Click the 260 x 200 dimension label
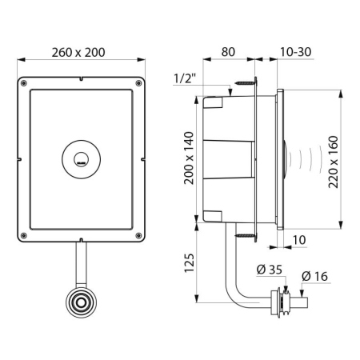[78, 53]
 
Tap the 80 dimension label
[228, 52]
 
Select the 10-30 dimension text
[295, 52]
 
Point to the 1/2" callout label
[185, 78]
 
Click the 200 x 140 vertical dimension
[189, 158]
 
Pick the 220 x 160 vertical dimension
[333, 162]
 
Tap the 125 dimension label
[189, 263]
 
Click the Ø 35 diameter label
[270, 270]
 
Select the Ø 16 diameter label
[314, 277]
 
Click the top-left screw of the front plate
[23, 83]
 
